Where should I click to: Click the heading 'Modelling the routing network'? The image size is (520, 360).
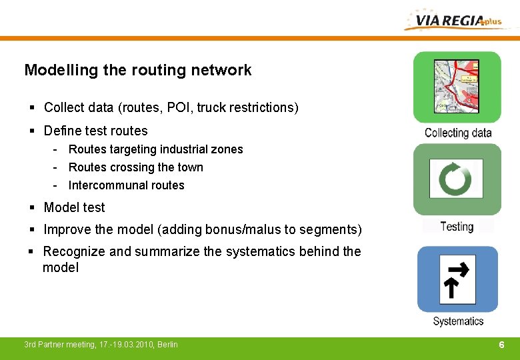[138, 70]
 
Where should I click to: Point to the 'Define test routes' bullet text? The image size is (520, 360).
[95, 131]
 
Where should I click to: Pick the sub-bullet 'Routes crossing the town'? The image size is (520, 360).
[135, 167]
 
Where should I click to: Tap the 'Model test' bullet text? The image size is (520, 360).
[74, 207]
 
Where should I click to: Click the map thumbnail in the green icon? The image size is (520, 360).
[457, 85]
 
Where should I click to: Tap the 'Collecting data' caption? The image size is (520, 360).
[458, 133]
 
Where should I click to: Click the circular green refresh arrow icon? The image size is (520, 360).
[457, 179]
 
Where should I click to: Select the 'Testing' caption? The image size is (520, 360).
[457, 227]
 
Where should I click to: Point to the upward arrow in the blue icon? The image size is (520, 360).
[451, 287]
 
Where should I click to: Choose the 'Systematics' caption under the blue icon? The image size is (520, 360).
[458, 321]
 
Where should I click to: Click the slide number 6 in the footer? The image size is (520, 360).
[501, 345]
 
